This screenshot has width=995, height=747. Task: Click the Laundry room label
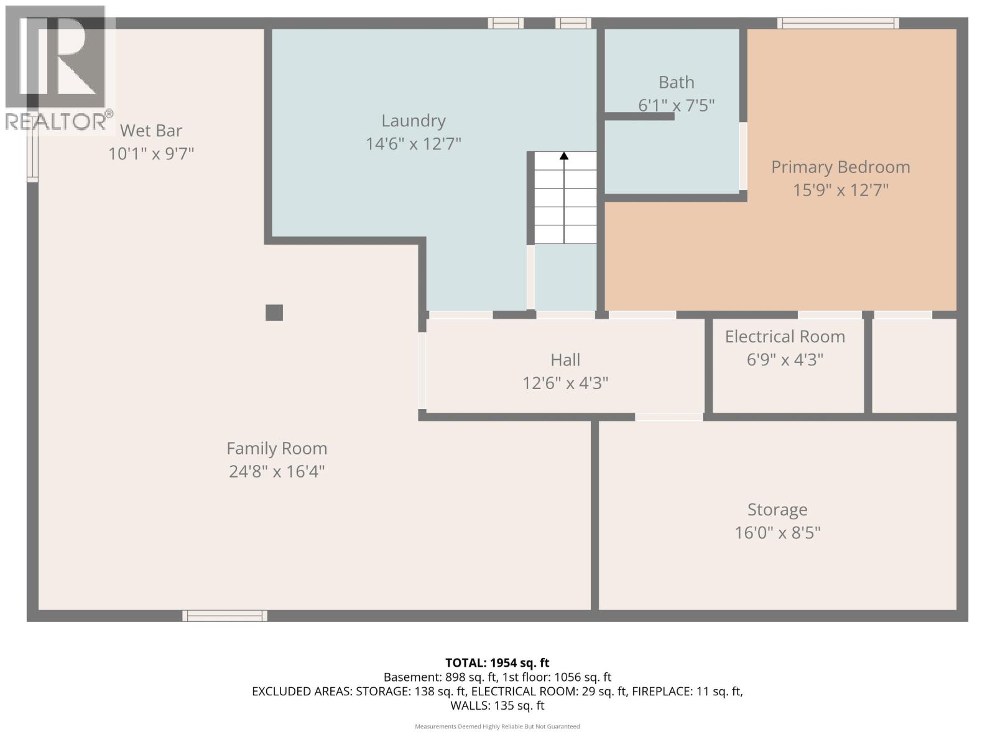coord(413,121)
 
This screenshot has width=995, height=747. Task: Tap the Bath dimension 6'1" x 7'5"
coord(676,105)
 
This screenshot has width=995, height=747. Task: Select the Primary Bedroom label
coord(840,167)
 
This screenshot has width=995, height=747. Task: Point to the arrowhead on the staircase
coord(564,156)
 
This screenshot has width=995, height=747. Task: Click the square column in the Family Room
coord(274,312)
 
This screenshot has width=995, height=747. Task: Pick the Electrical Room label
coord(785,337)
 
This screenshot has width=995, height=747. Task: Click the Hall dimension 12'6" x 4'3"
coord(565,383)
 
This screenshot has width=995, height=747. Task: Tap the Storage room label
coord(777,510)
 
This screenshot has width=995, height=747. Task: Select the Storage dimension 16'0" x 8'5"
coord(777,533)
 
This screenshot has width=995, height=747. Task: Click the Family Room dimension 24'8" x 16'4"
coord(277,471)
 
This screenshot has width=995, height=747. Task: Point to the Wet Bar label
coord(150,131)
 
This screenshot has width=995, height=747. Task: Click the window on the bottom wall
coord(224,616)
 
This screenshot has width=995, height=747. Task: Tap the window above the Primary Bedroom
coord(838,24)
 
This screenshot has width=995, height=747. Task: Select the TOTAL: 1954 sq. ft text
coord(497,663)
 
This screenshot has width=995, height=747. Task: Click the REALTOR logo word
coord(56,121)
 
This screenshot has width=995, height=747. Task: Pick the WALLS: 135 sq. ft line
coord(497,705)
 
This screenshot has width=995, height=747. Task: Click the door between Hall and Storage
coord(669,416)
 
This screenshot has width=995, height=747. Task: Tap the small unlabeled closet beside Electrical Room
coord(914,366)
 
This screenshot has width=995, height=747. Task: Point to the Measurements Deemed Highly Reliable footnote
coord(497,726)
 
